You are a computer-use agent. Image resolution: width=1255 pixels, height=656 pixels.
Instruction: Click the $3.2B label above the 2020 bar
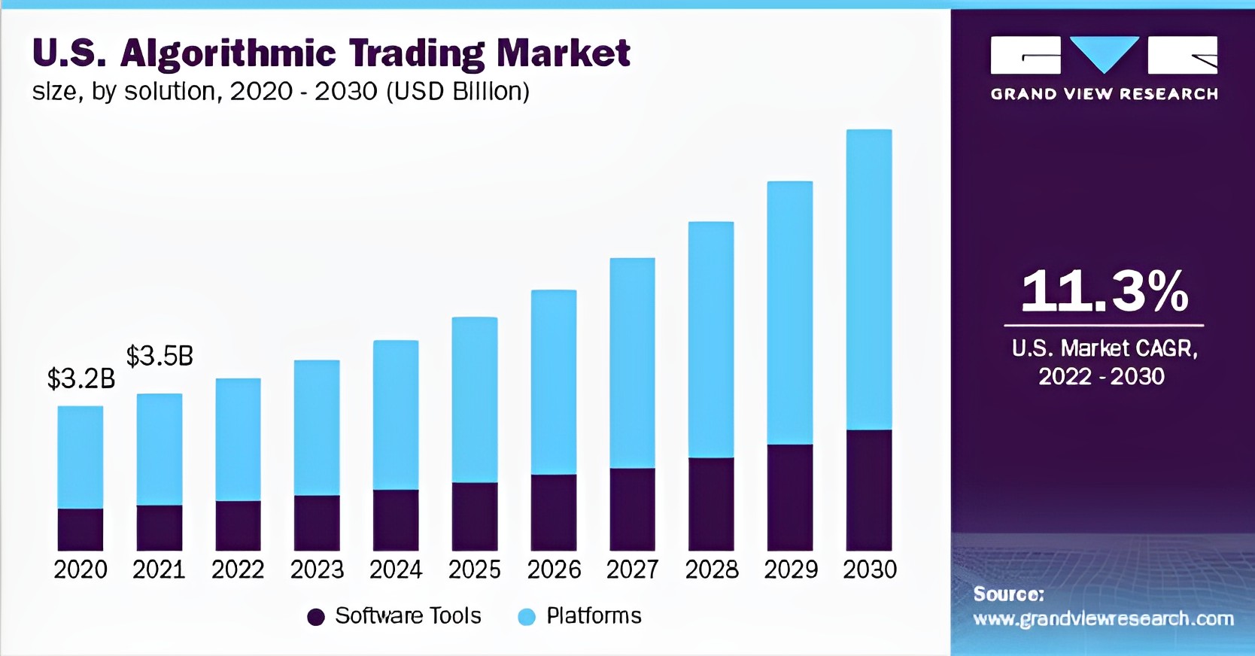pyautogui.click(x=81, y=378)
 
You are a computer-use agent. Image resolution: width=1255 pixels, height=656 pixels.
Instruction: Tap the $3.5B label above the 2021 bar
pyautogui.click(x=160, y=356)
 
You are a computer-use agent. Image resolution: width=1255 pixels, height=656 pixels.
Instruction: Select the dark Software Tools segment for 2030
pyautogui.click(x=869, y=490)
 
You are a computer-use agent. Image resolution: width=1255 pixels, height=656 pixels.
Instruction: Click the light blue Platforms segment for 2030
pyautogui.click(x=869, y=279)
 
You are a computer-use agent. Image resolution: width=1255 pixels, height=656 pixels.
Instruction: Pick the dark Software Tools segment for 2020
pyautogui.click(x=81, y=530)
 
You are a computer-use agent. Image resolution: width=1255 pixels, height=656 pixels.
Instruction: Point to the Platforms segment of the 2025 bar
pyautogui.click(x=475, y=399)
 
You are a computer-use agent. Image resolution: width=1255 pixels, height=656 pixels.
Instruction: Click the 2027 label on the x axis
pyautogui.click(x=633, y=569)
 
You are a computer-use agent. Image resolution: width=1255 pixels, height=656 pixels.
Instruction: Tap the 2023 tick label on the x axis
pyautogui.click(x=317, y=569)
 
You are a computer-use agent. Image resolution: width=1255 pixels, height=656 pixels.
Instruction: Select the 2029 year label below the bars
pyautogui.click(x=791, y=569)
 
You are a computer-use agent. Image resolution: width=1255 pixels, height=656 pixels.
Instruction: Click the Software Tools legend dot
pyautogui.click(x=316, y=617)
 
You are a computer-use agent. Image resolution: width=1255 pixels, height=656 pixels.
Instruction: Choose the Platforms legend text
pyautogui.click(x=594, y=616)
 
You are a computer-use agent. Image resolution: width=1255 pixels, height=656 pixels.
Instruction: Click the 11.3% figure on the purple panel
pyautogui.click(x=1104, y=291)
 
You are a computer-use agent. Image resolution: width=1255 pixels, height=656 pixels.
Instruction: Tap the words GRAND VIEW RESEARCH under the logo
pyautogui.click(x=1104, y=94)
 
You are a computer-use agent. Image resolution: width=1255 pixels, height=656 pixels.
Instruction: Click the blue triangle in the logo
pyautogui.click(x=1104, y=53)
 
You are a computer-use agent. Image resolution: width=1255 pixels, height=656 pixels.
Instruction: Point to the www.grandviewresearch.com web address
pyautogui.click(x=1103, y=619)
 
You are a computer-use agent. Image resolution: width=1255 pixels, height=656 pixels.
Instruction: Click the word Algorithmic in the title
pyautogui.click(x=228, y=54)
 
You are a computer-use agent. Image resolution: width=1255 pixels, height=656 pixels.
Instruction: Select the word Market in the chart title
pyautogui.click(x=563, y=53)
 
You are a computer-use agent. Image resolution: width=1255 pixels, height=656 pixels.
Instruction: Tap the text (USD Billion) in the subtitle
pyautogui.click(x=457, y=91)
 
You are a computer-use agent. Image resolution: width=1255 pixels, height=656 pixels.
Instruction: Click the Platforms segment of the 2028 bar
pyautogui.click(x=711, y=339)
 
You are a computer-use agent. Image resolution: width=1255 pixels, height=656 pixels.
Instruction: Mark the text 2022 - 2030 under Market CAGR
pyautogui.click(x=1102, y=376)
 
